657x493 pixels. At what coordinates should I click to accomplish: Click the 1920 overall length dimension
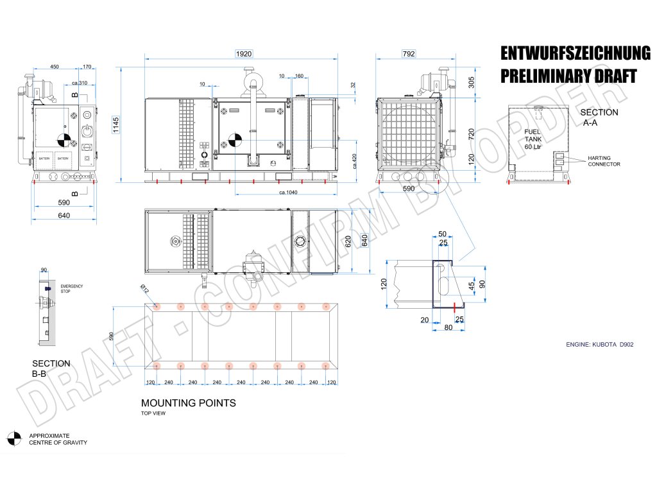tap(243, 55)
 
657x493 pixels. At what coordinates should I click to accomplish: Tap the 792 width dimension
tap(408, 55)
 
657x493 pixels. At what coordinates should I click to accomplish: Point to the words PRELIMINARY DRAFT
tap(568, 76)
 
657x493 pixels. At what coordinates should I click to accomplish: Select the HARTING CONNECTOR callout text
tap(604, 161)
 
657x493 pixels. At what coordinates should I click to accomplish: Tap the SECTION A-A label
tap(599, 117)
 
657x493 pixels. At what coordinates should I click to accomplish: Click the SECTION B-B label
tap(51, 368)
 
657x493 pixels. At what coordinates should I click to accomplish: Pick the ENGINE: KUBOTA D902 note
tap(599, 345)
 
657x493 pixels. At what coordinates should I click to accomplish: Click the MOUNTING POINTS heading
tap(188, 403)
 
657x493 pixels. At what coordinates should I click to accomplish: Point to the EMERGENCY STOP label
tap(71, 288)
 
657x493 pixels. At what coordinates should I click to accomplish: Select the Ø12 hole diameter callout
tap(145, 291)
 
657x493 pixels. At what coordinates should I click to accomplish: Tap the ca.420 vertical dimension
tap(354, 161)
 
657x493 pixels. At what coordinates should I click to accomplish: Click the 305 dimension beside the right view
tap(472, 82)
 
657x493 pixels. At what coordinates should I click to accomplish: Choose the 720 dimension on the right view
tap(472, 134)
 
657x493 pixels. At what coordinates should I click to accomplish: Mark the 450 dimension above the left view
tap(55, 66)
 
